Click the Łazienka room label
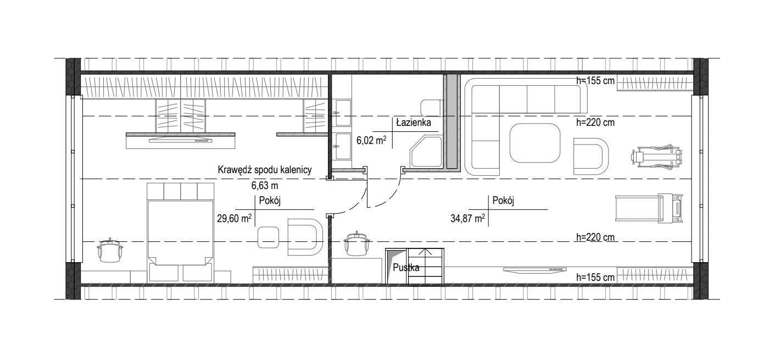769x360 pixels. (413, 123)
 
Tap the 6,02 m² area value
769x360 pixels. (371, 141)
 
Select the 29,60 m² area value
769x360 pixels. (234, 218)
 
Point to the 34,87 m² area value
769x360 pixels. (467, 218)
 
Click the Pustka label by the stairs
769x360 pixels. (406, 268)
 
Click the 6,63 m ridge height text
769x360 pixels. (265, 186)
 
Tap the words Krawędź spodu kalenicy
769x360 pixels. (265, 170)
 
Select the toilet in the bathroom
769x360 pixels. (432, 108)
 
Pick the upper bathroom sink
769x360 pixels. (343, 113)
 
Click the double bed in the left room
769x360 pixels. (180, 233)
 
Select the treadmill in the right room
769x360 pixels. (649, 208)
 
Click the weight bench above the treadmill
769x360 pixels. (656, 157)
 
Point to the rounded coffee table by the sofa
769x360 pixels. (535, 143)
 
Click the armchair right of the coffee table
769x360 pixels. (590, 156)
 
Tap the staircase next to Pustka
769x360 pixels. (425, 267)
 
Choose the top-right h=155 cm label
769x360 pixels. (595, 81)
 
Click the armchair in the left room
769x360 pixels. (305, 237)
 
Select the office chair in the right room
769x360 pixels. (357, 243)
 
